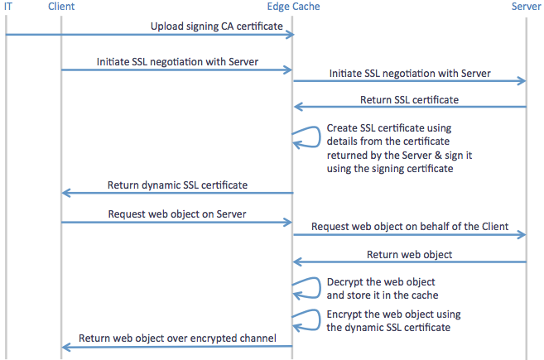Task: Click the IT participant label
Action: pos(8,7)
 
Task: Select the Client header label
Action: pos(61,7)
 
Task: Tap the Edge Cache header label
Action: pos(293,7)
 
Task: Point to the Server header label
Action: pos(526,7)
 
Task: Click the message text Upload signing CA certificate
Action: pos(216,26)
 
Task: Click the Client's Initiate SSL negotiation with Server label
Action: pos(177,62)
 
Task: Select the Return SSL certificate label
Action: pos(409,100)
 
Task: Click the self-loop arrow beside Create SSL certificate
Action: pos(320,137)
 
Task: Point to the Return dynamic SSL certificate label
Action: pos(177,185)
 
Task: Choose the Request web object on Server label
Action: pos(177,214)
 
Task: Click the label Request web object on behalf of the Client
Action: pos(410,227)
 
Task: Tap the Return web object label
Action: pos(409,255)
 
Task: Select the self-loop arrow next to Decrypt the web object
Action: pos(320,288)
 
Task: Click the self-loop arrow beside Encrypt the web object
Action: pos(320,319)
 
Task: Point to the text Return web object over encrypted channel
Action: pos(177,338)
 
